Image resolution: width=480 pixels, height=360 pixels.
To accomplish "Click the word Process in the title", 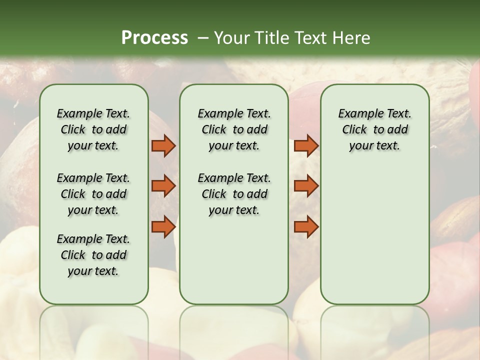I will coord(154,38).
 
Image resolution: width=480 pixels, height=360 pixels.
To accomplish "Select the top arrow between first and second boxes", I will coord(163,146).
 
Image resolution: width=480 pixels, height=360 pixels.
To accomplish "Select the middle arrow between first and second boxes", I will coord(163,186).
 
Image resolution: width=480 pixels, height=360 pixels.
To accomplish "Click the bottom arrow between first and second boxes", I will coord(163,226).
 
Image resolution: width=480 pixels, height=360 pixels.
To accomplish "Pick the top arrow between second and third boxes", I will coord(306,146).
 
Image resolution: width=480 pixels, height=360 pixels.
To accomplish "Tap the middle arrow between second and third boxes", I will coord(306,186).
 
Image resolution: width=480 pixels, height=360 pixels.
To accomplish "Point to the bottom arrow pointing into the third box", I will coord(306,226).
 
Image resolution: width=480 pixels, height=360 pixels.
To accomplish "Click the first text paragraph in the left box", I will coord(93,129).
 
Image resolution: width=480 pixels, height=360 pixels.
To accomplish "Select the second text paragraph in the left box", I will coord(93,194).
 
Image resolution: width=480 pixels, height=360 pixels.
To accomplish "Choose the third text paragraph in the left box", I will coord(93,255).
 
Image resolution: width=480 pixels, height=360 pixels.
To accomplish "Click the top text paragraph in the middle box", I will coord(234,129).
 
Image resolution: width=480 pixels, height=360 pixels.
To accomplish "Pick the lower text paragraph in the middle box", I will coord(234,194).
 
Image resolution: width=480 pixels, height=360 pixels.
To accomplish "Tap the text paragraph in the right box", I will coord(374,129).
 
